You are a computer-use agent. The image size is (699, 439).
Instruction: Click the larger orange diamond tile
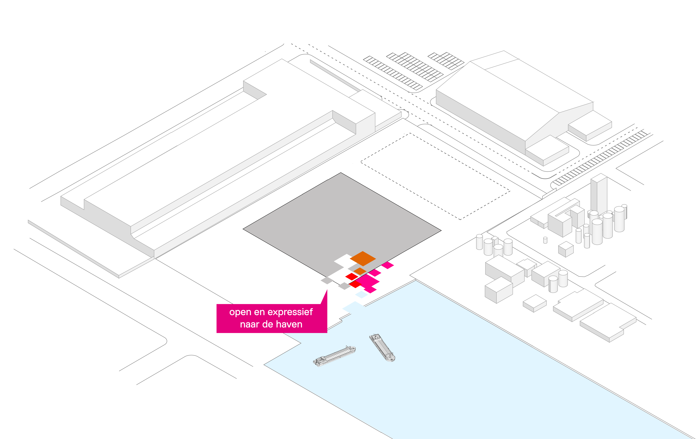[363, 258]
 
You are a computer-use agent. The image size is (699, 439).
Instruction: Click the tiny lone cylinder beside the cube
[545, 240]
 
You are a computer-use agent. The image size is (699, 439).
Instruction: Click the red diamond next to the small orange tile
[352, 276]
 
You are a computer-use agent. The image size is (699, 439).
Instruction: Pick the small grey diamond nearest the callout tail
[327, 280]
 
